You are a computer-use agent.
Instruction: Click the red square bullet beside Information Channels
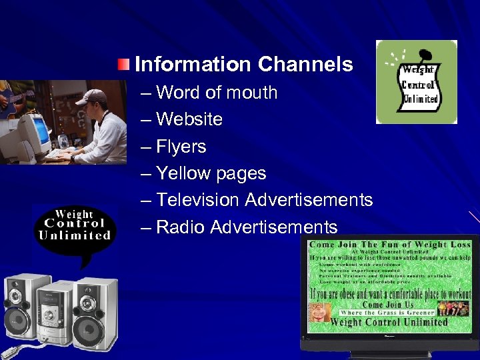pos(125,65)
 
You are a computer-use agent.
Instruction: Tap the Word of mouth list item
pos(216,93)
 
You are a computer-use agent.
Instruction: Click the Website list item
pos(189,119)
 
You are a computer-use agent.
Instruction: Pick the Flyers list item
pos(181,147)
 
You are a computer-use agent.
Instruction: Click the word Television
pos(198,200)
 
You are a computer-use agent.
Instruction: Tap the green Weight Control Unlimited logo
pos(417,82)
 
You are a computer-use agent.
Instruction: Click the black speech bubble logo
pos(74,226)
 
